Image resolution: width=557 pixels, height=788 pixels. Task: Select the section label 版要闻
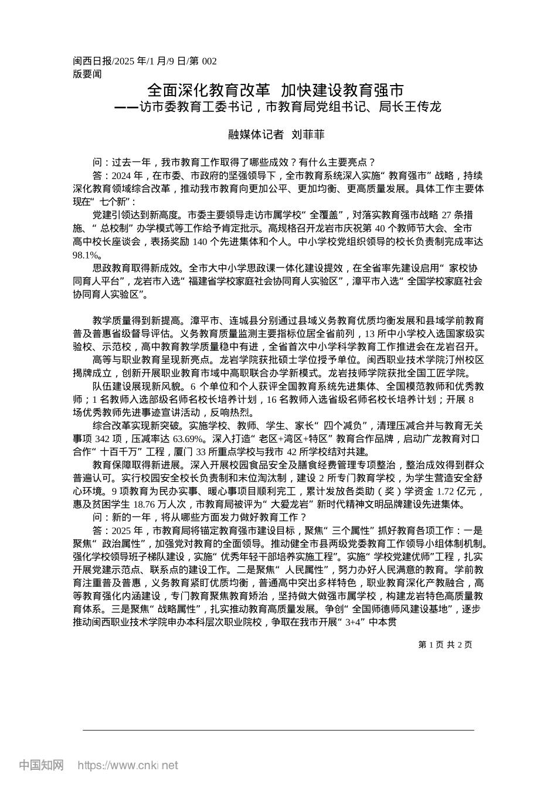click(x=87, y=74)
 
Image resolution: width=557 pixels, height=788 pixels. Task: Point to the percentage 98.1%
click(x=87, y=254)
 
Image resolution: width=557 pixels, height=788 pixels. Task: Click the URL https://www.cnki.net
click(x=128, y=765)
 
